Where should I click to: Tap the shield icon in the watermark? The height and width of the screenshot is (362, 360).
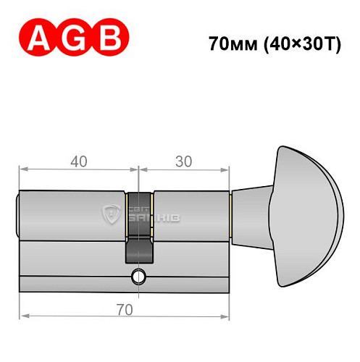(112, 214)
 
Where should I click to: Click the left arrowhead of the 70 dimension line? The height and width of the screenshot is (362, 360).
(24, 316)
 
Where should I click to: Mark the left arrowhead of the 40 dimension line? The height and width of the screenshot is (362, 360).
(23, 169)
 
